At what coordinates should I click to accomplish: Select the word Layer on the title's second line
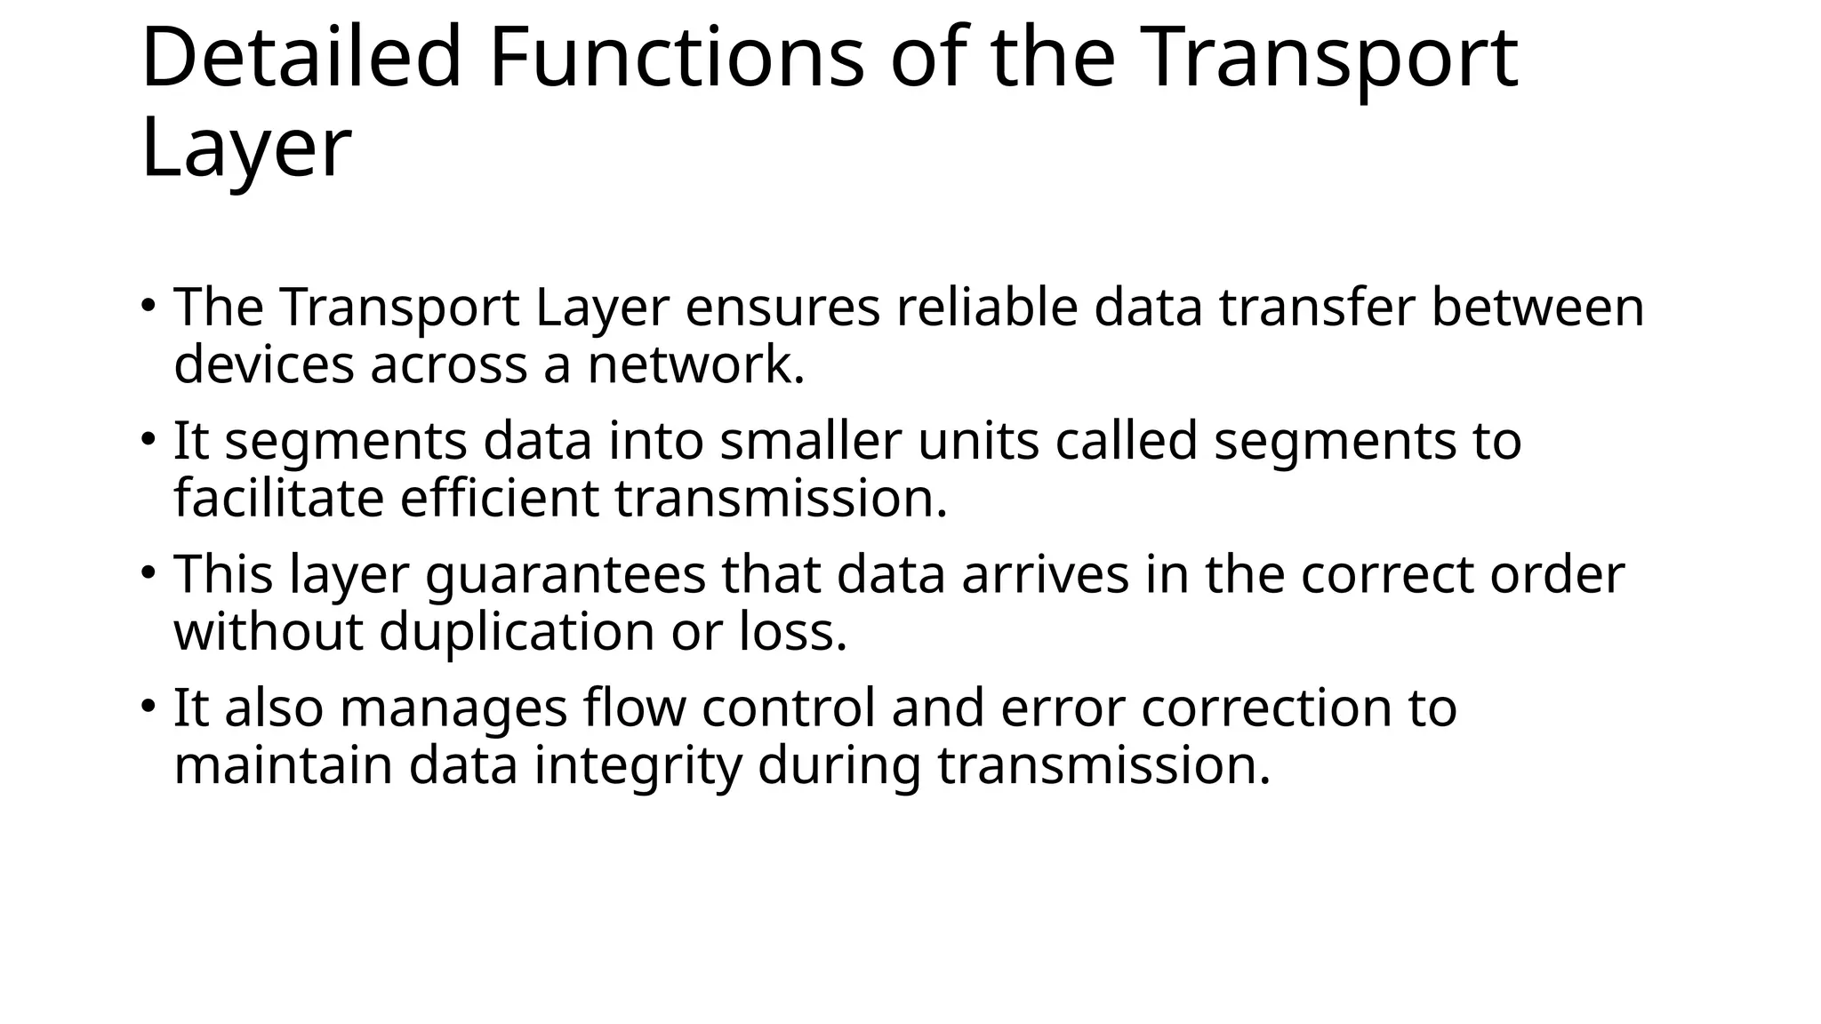[245, 148]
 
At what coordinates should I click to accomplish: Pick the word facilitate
[278, 498]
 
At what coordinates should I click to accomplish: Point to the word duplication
[517, 633]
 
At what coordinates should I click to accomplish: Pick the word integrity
[638, 766]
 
